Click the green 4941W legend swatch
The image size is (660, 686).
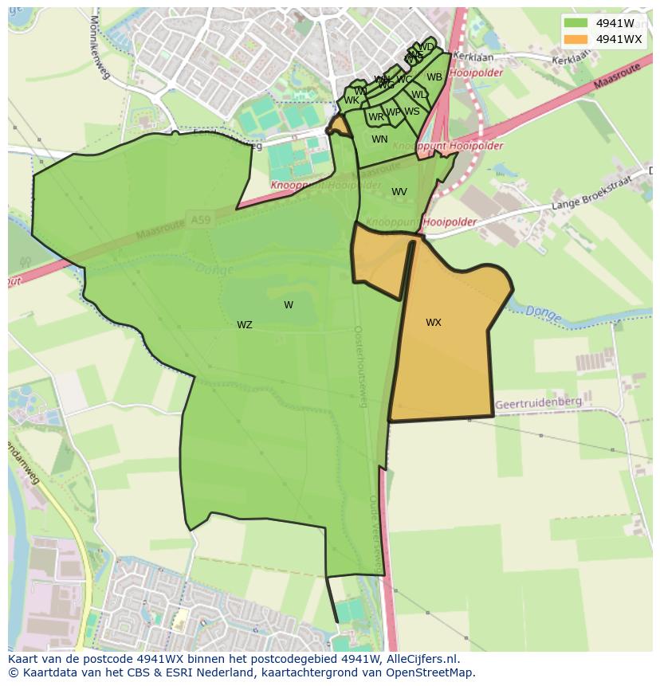coord(576,23)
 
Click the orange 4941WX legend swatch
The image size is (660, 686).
coord(576,39)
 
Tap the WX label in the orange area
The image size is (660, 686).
coord(433,323)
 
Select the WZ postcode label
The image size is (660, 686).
coord(244,325)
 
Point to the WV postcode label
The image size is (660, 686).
coord(399,192)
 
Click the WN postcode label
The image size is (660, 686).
coord(379,139)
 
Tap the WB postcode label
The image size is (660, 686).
coord(434,77)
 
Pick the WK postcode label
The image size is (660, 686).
coord(351,100)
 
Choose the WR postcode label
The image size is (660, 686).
coord(375,117)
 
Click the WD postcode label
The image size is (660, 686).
coord(426,47)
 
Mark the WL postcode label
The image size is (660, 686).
coord(418,95)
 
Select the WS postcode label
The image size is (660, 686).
coord(411,112)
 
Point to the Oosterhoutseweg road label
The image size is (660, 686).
coord(359,366)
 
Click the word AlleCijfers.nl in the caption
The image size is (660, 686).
coord(422,660)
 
